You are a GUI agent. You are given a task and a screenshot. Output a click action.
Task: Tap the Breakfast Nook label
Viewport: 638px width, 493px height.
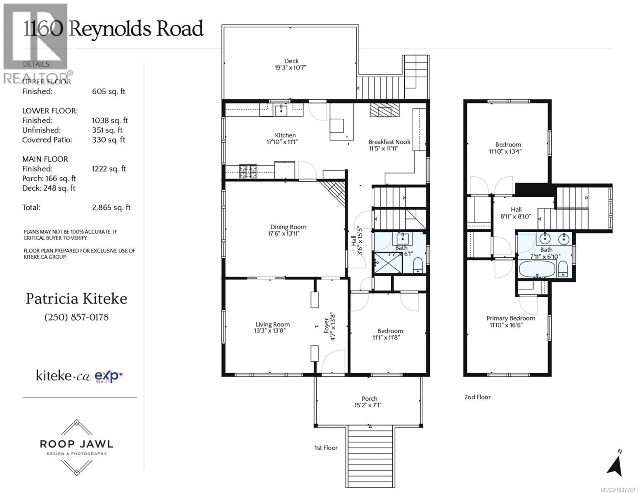pos(389,142)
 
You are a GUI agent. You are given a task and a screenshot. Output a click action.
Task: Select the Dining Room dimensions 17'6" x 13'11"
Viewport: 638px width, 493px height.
pos(284,233)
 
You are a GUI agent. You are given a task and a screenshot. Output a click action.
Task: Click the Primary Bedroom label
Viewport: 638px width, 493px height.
pos(511,318)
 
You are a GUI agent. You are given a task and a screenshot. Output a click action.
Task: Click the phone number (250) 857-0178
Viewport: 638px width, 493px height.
pos(77,317)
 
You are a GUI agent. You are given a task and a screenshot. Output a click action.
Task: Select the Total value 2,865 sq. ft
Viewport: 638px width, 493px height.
pos(111,208)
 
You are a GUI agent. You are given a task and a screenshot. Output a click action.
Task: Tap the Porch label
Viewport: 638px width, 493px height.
pos(369,399)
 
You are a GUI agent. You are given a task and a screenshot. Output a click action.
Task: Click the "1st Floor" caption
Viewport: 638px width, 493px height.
pos(326,448)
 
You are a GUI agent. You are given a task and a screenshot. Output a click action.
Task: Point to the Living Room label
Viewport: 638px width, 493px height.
pos(272,324)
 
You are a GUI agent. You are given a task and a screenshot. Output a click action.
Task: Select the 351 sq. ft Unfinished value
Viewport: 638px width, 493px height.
pos(107,130)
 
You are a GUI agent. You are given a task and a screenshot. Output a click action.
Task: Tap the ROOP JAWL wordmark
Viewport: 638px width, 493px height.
pos(77,444)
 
